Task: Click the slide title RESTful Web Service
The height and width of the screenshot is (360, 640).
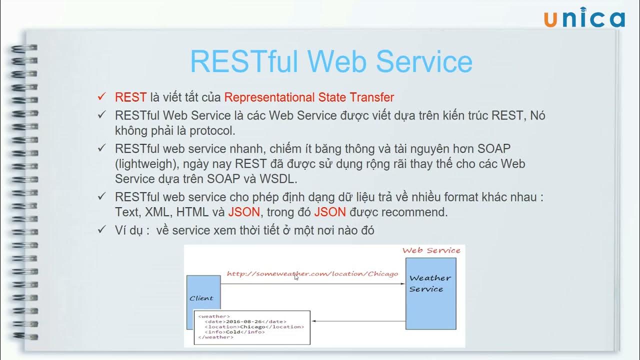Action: [x=331, y=61]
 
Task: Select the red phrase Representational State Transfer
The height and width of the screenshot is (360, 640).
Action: [x=309, y=97]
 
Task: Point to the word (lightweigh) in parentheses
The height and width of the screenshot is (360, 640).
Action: [x=146, y=163]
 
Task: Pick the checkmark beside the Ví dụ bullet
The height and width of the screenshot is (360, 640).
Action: [x=102, y=229]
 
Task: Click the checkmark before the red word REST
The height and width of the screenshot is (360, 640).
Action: [x=102, y=96]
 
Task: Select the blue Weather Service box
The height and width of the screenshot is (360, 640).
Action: [x=430, y=293]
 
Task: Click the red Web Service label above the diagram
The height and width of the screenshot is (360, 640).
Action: [x=431, y=250]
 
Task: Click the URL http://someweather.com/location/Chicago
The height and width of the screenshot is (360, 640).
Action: [x=312, y=273]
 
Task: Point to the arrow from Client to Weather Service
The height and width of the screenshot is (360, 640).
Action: [x=312, y=284]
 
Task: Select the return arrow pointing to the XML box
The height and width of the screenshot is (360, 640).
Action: [x=357, y=321]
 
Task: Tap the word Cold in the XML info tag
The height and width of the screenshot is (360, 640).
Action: [x=233, y=332]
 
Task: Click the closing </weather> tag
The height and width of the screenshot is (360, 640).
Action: [x=215, y=337]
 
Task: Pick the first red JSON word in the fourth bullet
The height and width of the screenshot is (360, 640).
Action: [x=244, y=212]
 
